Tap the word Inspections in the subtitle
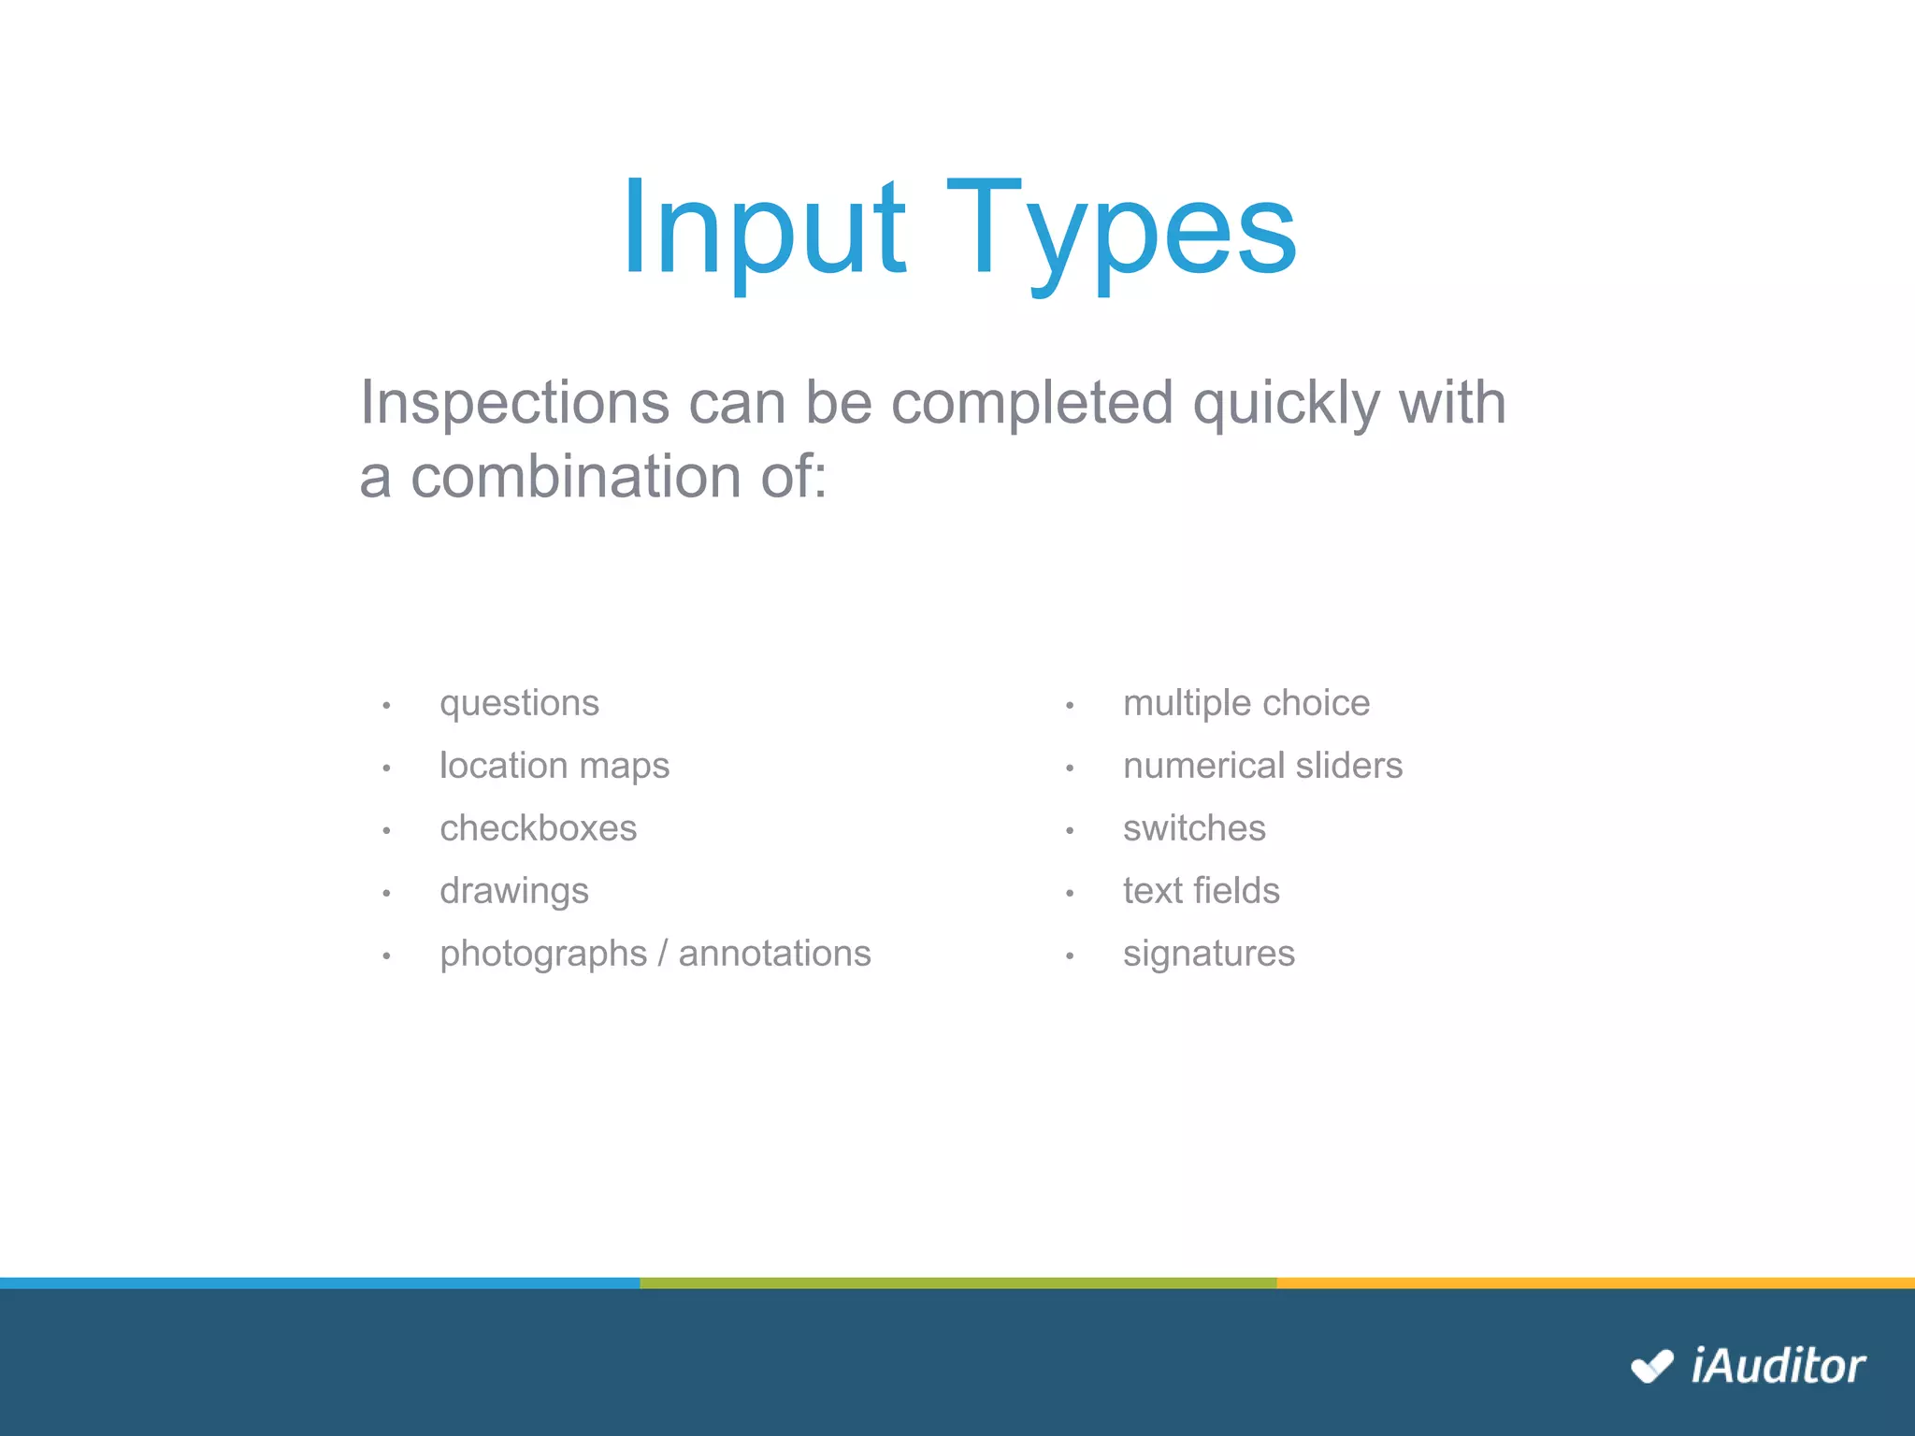point(514,403)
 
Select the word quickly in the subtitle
point(1286,403)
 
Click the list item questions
point(519,703)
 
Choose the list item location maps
point(554,766)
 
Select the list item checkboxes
point(538,828)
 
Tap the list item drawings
point(514,891)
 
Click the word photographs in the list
point(543,955)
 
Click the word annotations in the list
point(774,954)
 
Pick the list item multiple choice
point(1245,703)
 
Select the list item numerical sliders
point(1262,766)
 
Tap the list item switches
point(1194,828)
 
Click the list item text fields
point(1201,891)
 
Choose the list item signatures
point(1208,955)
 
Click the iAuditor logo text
point(1778,1366)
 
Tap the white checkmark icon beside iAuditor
point(1651,1366)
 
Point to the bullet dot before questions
point(386,706)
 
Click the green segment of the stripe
point(957,1283)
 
